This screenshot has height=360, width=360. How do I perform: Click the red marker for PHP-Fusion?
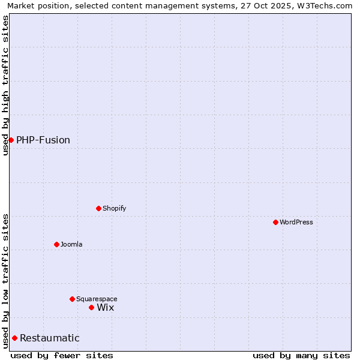(x=11, y=140)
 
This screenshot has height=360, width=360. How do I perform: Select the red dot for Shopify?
(x=98, y=208)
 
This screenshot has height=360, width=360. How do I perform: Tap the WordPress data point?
(x=275, y=222)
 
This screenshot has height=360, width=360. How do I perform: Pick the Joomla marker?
(x=56, y=244)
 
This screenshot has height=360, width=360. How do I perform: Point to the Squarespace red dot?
(x=72, y=299)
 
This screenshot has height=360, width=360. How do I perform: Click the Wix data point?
(x=91, y=307)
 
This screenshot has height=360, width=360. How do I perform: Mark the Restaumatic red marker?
(x=14, y=338)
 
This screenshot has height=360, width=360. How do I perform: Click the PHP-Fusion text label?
(x=43, y=140)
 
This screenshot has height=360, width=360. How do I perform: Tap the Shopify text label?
(x=115, y=208)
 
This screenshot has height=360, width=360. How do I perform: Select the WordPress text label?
(x=296, y=222)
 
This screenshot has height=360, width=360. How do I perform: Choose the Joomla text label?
(x=71, y=244)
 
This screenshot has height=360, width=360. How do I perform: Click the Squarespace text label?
(x=97, y=299)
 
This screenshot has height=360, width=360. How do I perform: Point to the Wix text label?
(x=106, y=307)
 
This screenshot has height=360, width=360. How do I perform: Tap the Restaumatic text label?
(x=50, y=338)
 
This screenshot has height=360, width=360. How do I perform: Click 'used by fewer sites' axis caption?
(x=62, y=355)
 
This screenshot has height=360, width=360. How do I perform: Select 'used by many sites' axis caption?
(x=301, y=355)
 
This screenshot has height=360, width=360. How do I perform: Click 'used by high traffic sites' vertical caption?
(x=5, y=85)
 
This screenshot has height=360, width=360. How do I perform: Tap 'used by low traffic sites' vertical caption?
(x=5, y=280)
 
